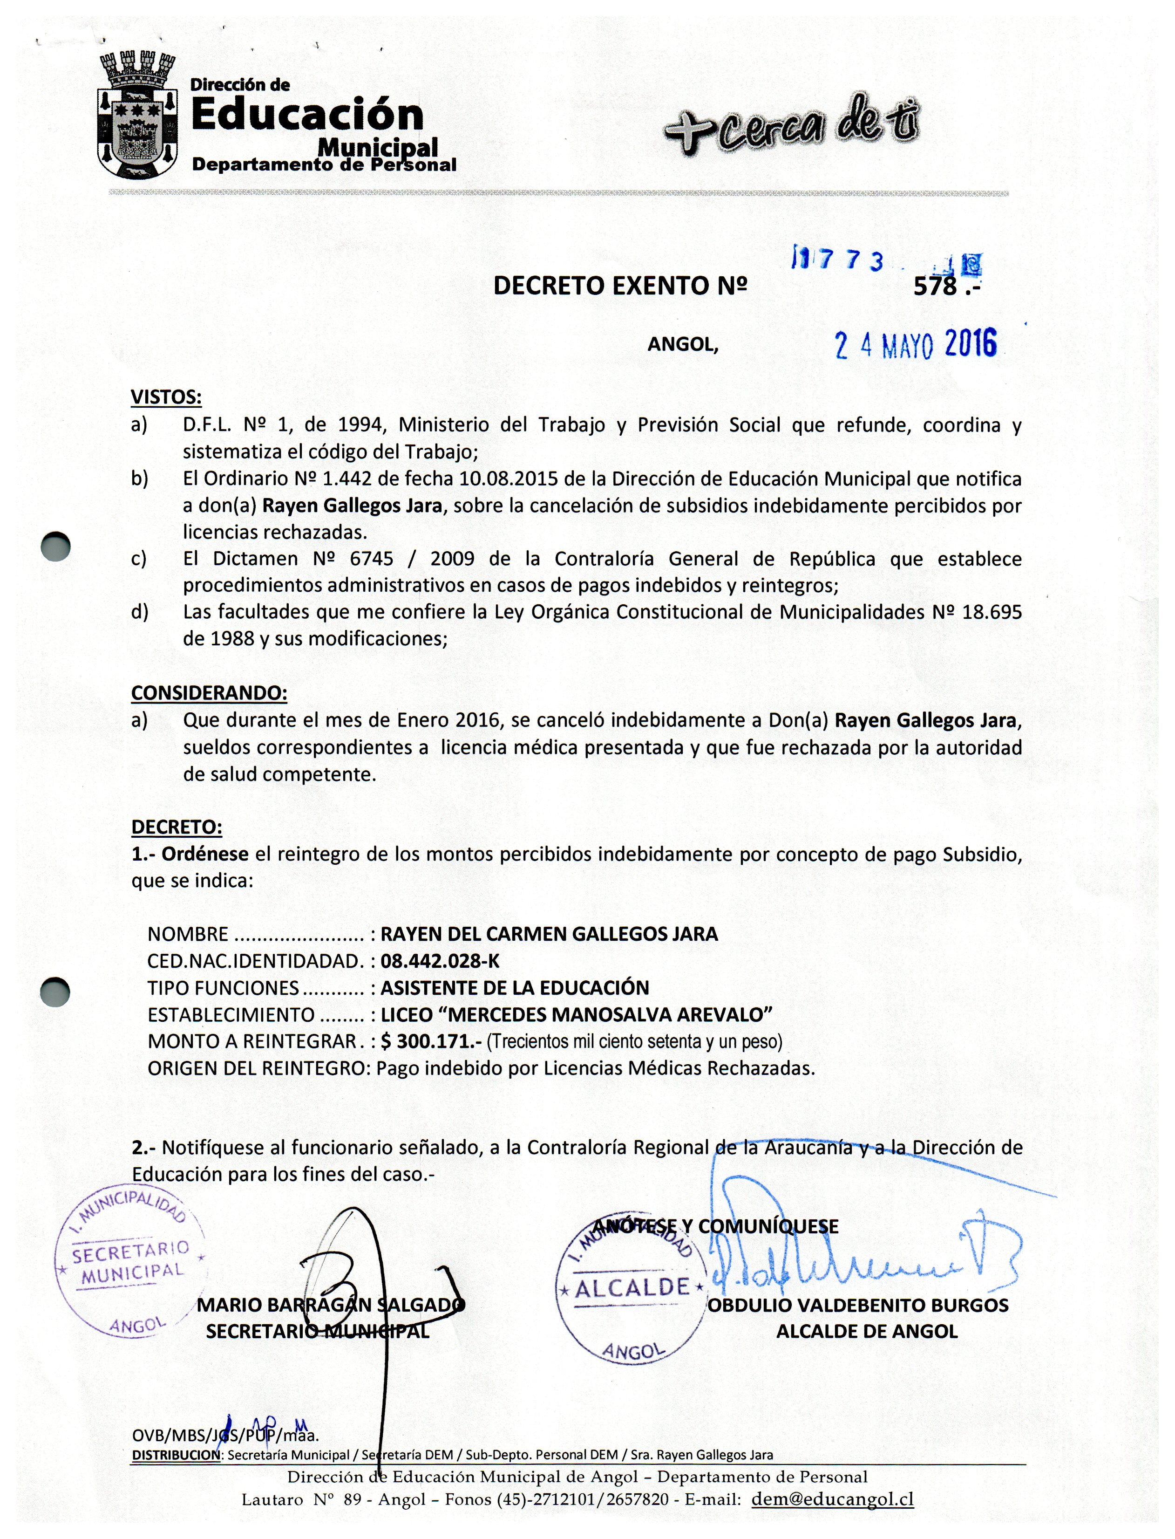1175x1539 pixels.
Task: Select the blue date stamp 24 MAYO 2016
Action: click(x=916, y=345)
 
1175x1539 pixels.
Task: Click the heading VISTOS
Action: click(x=166, y=397)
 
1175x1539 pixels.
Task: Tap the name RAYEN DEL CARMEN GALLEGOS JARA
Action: click(x=549, y=934)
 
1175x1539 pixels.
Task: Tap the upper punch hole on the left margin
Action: click(x=56, y=547)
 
